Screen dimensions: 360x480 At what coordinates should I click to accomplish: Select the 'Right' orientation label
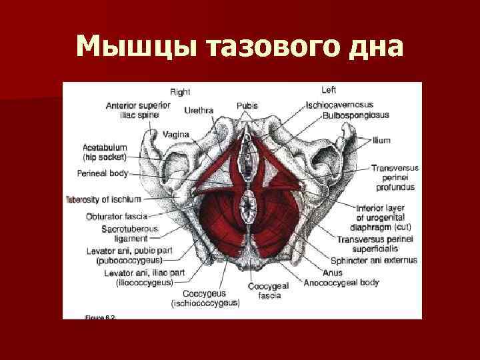tap(180, 92)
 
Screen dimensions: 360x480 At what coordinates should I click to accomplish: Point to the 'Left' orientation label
tap(329, 90)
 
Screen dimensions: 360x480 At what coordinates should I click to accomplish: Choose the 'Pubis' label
tap(247, 105)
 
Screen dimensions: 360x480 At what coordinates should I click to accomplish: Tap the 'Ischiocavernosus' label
tap(339, 105)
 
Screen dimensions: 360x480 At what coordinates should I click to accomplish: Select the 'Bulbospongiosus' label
tap(355, 115)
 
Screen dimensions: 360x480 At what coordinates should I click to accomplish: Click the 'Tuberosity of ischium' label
tap(103, 199)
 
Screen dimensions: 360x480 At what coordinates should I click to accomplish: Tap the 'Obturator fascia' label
tap(116, 216)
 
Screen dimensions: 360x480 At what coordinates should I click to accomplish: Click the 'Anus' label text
tap(331, 272)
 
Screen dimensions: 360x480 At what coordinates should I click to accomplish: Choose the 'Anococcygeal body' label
tap(350, 282)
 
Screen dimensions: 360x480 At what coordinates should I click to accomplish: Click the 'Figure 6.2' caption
tap(101, 317)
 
